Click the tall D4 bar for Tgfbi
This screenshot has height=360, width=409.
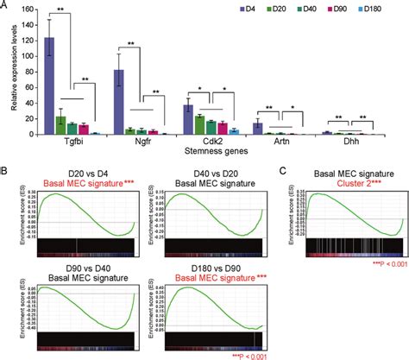(x=50, y=85)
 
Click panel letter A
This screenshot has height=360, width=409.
(x=5, y=5)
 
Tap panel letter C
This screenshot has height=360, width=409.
(x=280, y=174)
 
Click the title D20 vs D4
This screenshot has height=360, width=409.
(x=84, y=174)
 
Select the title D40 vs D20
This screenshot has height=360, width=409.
(x=209, y=174)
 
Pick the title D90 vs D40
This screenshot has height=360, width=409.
(x=84, y=265)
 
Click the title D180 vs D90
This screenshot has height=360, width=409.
(x=209, y=265)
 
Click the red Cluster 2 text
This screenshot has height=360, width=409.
(x=339, y=184)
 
